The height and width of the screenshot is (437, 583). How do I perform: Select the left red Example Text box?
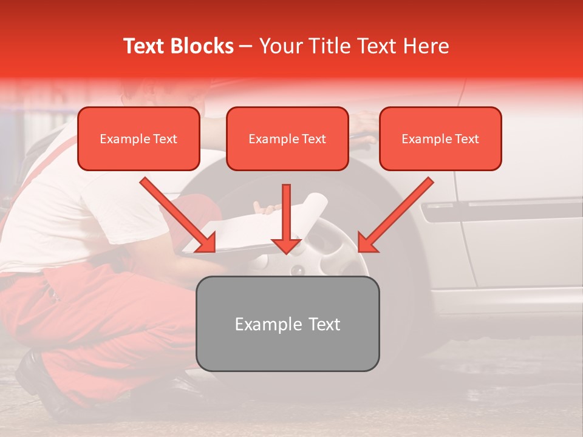(x=138, y=138)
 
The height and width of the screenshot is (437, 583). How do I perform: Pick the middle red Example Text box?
(x=287, y=138)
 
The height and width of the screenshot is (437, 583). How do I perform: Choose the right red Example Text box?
(x=440, y=138)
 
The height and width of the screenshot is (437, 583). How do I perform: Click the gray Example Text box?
(x=287, y=324)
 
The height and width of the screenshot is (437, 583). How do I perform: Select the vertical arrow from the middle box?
(x=286, y=218)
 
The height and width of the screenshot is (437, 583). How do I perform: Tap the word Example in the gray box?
(x=261, y=324)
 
